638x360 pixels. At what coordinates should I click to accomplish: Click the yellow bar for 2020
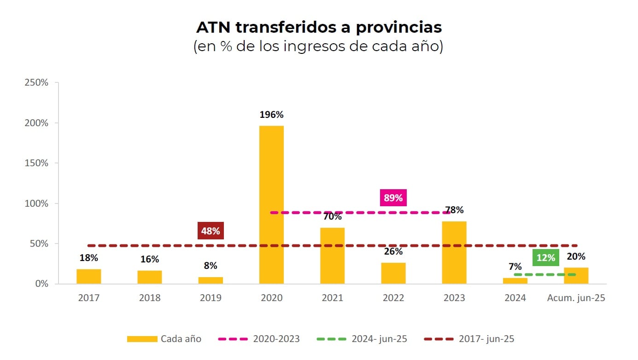click(x=271, y=204)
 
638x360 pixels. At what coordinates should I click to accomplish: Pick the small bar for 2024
click(x=515, y=281)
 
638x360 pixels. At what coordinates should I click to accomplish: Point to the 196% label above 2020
click(x=271, y=115)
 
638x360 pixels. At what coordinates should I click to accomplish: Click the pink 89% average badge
click(x=393, y=198)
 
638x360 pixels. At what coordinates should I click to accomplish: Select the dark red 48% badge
click(x=211, y=231)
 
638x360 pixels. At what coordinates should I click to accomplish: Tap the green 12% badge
click(x=546, y=258)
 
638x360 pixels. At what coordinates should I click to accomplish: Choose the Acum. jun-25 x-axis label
click(x=576, y=298)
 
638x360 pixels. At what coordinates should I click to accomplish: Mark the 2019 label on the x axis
click(x=211, y=298)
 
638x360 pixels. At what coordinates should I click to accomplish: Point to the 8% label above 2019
click(x=211, y=266)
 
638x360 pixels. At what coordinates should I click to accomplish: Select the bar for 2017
click(x=88, y=276)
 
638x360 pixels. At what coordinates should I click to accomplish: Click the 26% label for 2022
click(x=393, y=251)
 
